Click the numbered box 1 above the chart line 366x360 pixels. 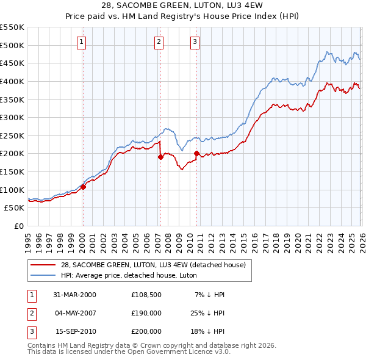pyautogui.click(x=82, y=42)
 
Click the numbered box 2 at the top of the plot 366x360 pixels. pyautogui.click(x=159, y=42)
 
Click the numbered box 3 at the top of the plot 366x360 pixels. pyautogui.click(x=195, y=42)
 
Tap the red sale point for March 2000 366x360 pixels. pyautogui.click(x=84, y=187)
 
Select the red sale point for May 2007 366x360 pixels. pyautogui.click(x=160, y=157)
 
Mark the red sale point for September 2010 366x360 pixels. pyautogui.click(x=196, y=153)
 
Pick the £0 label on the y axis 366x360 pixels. pyautogui.click(x=19, y=226)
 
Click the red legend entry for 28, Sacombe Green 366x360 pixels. pyautogui.click(x=153, y=265)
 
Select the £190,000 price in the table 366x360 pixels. pyautogui.click(x=146, y=312)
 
